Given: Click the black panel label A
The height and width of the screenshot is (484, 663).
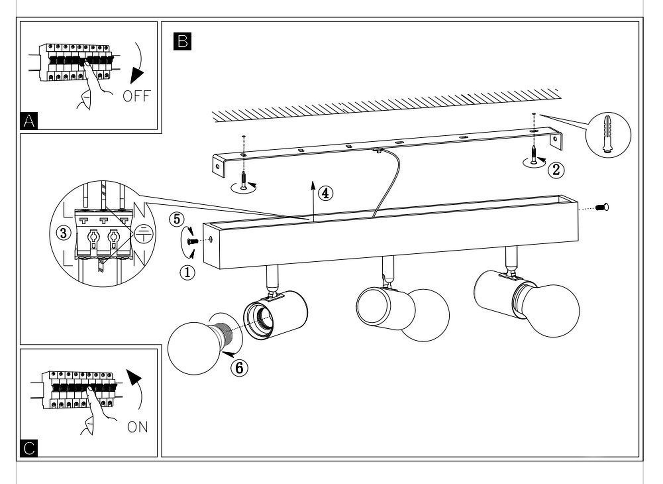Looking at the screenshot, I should coord(29,121).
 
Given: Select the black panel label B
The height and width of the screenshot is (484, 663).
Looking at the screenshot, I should coord(182,41).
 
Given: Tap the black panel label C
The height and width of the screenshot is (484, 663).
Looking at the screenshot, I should coord(29,448).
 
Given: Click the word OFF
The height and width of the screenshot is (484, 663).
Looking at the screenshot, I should coord(137,96).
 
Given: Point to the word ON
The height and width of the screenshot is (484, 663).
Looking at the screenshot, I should coord(138,427).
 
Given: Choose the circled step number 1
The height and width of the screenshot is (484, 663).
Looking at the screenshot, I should coord(187,273).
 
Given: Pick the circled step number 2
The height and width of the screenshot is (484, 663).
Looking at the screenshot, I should coord(556,170).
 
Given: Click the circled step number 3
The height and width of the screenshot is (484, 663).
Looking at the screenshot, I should coord(63,233).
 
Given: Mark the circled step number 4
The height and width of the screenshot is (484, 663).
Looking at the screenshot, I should coord(325,193).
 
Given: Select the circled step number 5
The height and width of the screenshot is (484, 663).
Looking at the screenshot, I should coord(177,219).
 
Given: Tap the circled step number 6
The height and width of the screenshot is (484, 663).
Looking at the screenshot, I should coord(239,368).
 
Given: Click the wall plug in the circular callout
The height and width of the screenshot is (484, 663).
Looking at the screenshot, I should coord(608,134).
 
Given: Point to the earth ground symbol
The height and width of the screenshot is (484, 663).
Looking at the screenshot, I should coord(144,234).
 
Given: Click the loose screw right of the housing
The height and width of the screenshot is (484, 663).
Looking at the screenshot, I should coord(602,208).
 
